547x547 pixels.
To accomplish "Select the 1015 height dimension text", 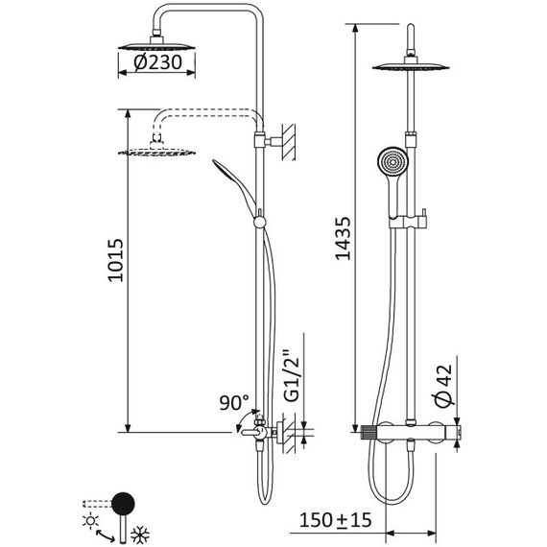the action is pyautogui.click(x=115, y=260).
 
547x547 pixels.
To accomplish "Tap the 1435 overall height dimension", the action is pyautogui.click(x=343, y=239).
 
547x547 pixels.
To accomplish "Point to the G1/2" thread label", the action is pyautogui.click(x=293, y=379).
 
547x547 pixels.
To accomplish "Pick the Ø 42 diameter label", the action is pyautogui.click(x=443, y=386).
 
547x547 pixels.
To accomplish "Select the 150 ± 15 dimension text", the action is pyautogui.click(x=335, y=520).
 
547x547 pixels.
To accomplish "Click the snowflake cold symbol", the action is pyautogui.click(x=140, y=535).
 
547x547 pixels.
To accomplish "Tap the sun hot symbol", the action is pyautogui.click(x=91, y=521).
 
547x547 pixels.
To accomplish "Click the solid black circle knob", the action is pyautogui.click(x=123, y=504).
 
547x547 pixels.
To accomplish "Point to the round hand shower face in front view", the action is pyautogui.click(x=392, y=162).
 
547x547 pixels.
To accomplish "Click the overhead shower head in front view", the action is pyautogui.click(x=411, y=66).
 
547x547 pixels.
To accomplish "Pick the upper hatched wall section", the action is pyautogui.click(x=289, y=142).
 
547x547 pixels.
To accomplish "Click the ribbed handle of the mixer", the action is pyautogui.click(x=369, y=432).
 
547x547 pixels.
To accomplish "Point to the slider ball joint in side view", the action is pyautogui.click(x=259, y=222).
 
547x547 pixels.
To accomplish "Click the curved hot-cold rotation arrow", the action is pyautogui.click(x=105, y=535).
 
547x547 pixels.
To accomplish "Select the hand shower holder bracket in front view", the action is pyautogui.click(x=408, y=222).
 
